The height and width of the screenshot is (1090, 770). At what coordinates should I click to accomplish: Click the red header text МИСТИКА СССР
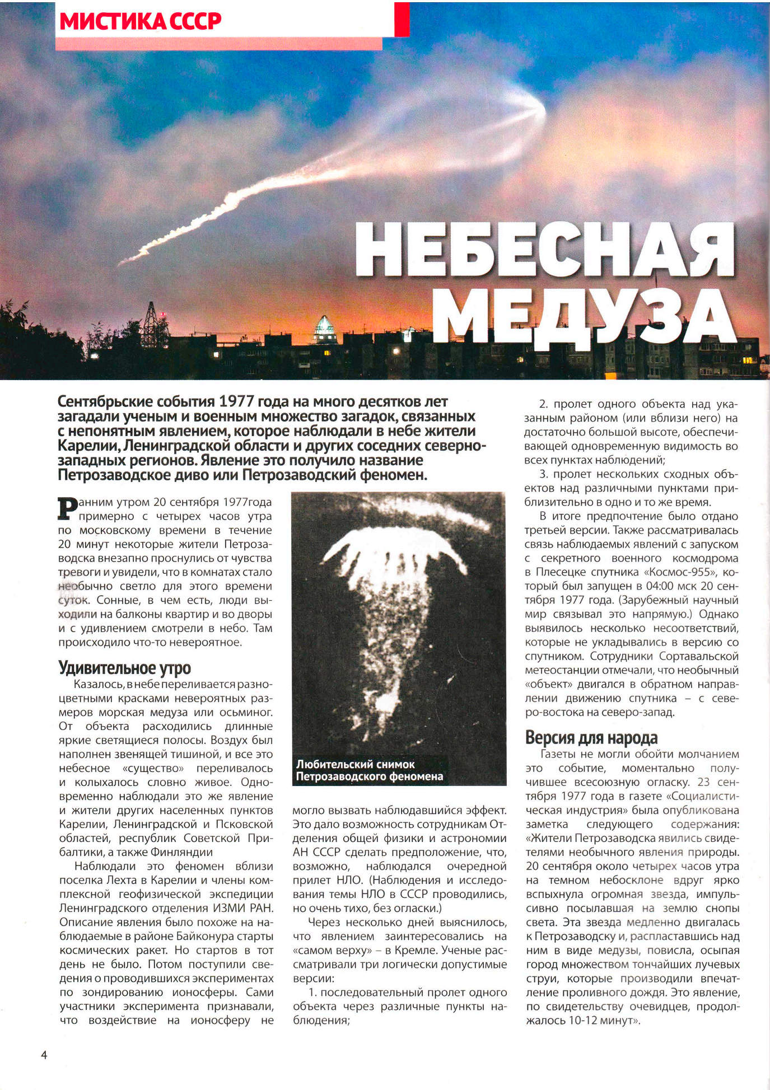[140, 21]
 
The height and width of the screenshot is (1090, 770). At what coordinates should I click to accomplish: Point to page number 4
[44, 1055]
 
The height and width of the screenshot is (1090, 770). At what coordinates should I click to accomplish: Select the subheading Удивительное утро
[124, 668]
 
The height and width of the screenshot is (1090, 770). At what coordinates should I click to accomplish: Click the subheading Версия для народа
[591, 737]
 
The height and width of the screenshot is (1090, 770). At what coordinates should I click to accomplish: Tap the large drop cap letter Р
[68, 508]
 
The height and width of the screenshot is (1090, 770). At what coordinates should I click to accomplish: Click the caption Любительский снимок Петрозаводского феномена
[369, 770]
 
